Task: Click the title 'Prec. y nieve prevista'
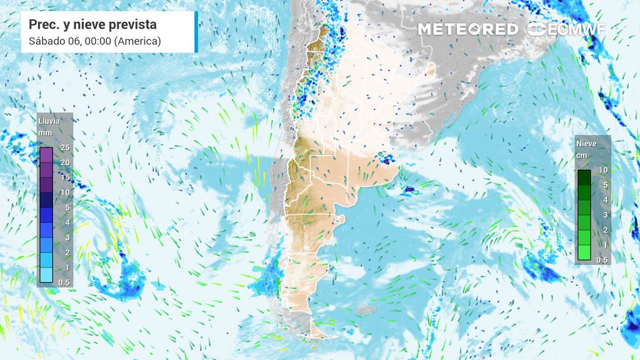point(92,24)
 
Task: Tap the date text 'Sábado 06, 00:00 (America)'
point(95,41)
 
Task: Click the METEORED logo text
point(467,29)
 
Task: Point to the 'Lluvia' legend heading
point(50,121)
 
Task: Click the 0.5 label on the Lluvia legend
point(63,282)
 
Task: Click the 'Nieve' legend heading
point(586,143)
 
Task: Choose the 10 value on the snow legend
point(603,170)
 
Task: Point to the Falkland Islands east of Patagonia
point(364,309)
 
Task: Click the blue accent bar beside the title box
point(196,32)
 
